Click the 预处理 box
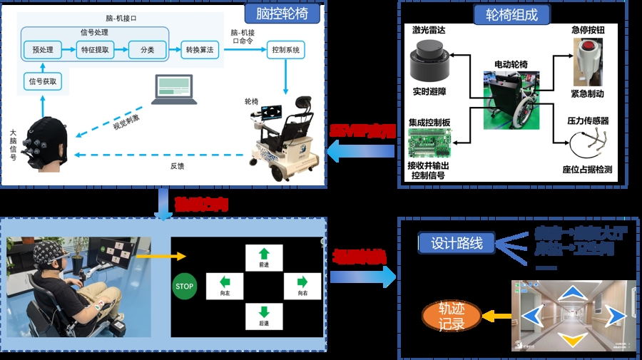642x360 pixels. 41,50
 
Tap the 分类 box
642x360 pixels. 147,50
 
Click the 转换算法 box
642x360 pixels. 199,50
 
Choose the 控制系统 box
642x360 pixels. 286,50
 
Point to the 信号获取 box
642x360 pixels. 43,81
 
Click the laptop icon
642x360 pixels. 174,88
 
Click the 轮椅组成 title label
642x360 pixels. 511,14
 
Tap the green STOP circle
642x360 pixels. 184,287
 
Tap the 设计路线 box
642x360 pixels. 457,243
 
